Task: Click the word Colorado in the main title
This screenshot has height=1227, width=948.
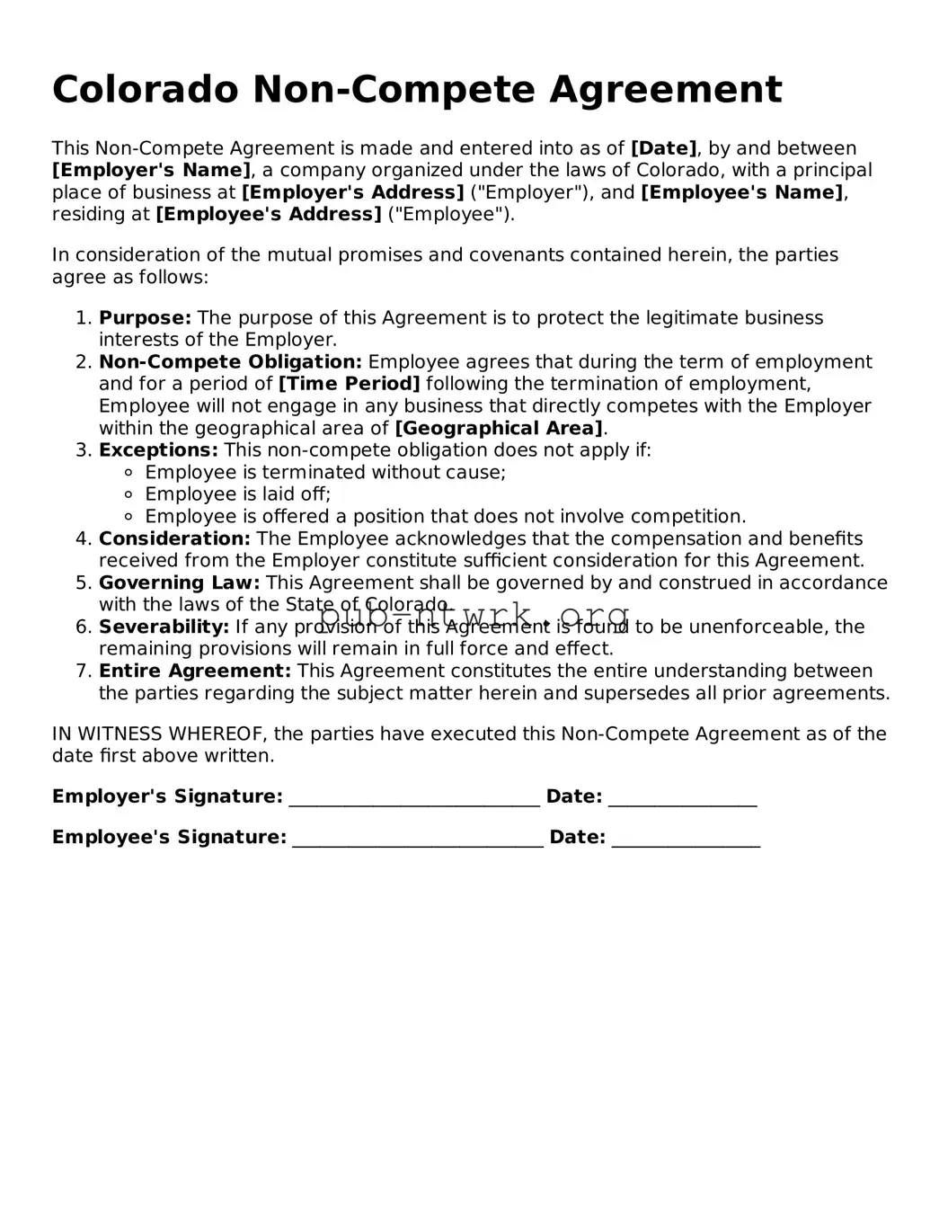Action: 146,90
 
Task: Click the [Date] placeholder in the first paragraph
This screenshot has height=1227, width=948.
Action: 663,148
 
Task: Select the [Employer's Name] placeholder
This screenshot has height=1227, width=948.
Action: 151,170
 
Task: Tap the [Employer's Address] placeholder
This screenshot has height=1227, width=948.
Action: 352,192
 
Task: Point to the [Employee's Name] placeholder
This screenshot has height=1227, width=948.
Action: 741,192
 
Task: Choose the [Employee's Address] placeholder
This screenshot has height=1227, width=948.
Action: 269,214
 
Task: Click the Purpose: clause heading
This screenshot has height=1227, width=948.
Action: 145,317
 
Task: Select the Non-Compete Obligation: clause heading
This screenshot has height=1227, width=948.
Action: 230,361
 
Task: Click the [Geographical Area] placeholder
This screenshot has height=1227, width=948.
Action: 499,428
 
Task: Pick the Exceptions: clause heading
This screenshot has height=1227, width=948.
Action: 158,449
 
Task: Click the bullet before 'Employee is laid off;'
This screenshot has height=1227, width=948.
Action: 128,494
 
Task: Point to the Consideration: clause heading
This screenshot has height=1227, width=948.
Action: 174,538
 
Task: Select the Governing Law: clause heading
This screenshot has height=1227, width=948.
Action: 179,582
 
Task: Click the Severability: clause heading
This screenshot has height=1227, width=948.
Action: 164,627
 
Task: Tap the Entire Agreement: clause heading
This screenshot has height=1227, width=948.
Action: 195,671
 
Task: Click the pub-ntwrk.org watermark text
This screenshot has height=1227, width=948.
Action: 474,617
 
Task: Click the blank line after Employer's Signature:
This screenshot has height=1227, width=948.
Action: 414,798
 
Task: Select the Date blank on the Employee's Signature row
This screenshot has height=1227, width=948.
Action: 686,839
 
